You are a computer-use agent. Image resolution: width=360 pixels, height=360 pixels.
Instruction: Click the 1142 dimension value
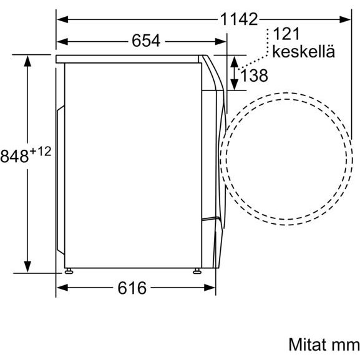239,19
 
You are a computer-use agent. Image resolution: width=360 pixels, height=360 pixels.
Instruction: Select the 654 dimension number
146,41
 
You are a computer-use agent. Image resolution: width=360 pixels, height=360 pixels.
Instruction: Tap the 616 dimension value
132,288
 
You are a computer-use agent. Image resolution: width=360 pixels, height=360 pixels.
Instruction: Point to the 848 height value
14,156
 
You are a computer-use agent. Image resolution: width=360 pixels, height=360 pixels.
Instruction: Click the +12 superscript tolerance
41,152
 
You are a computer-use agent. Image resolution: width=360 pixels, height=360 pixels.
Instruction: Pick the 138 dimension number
254,75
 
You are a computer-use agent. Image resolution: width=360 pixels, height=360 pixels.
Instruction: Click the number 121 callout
286,34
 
